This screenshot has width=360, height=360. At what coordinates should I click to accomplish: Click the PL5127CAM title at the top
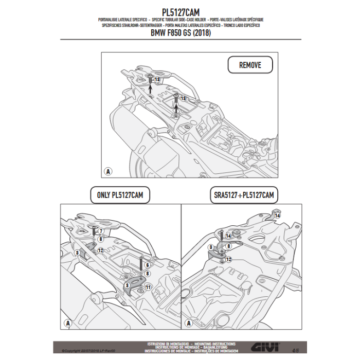[180, 12]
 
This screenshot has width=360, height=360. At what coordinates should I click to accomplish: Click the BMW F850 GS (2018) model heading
[180, 33]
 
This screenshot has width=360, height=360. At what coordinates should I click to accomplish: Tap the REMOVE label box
[250, 65]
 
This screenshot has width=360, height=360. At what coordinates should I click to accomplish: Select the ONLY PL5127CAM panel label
[120, 195]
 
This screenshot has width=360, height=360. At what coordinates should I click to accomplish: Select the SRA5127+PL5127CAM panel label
[243, 195]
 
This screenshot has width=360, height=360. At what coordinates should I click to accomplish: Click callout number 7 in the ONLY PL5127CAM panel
[101, 231]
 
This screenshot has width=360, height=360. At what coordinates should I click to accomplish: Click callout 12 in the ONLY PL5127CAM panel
[101, 250]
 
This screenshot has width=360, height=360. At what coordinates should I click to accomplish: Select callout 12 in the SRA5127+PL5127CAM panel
[228, 260]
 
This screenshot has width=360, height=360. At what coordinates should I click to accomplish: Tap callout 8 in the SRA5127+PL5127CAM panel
[228, 246]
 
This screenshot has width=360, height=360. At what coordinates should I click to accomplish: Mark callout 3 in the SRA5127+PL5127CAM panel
[211, 247]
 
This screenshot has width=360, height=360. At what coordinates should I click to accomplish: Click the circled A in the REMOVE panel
[108, 171]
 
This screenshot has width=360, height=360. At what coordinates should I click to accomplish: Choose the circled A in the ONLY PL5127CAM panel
[67, 323]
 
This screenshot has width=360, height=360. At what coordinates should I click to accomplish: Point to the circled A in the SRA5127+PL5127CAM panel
[189, 323]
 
